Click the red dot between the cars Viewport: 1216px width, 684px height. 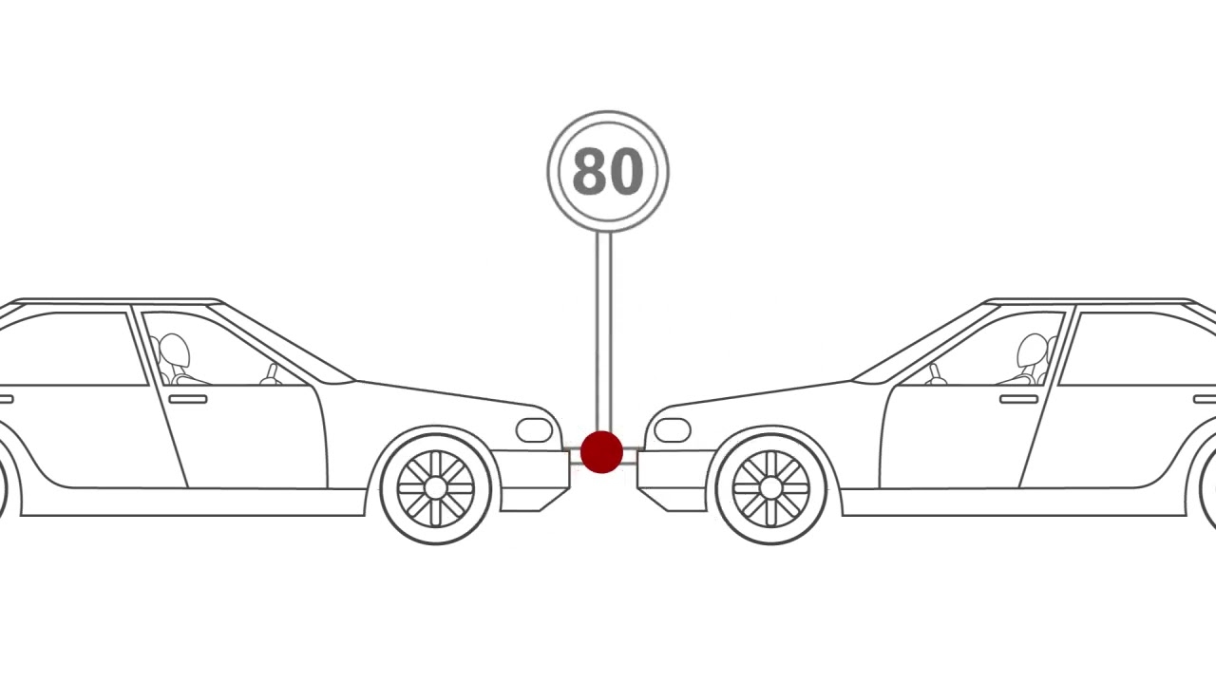pos(601,452)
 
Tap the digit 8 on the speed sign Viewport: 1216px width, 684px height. pos(589,172)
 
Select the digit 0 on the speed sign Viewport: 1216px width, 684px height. pos(626,172)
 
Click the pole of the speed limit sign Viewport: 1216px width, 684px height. pos(603,332)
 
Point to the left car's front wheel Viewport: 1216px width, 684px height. pos(435,488)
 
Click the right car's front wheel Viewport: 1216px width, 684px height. pos(770,488)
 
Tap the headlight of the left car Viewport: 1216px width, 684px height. pos(534,430)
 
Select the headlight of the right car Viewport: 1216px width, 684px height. pos(673,430)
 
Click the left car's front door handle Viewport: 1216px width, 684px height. pos(188,400)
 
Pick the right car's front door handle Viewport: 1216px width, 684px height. pos(1019,400)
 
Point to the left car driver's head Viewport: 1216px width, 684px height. pos(175,351)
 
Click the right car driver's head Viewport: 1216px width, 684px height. pos(1032,351)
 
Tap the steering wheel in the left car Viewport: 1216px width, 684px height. pos(271,374)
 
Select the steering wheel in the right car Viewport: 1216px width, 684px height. pos(936,374)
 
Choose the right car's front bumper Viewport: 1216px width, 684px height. pos(674,481)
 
